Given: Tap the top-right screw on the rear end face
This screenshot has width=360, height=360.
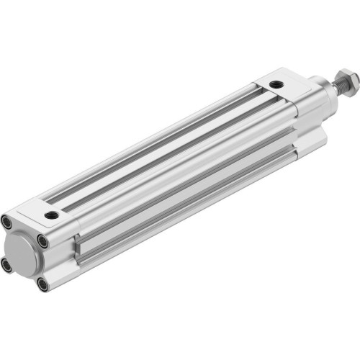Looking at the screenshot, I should (x=43, y=242).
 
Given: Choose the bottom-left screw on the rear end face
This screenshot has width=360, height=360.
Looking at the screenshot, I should (x=8, y=264).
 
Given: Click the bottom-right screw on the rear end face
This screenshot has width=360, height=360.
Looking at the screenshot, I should (x=42, y=284).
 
